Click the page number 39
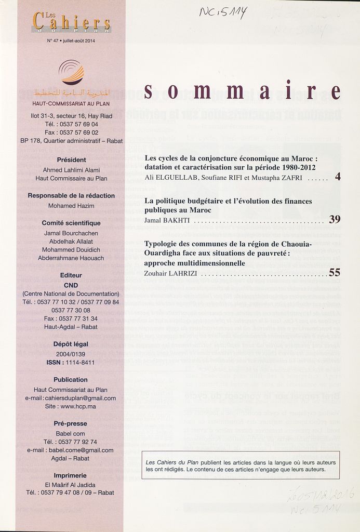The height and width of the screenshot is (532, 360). pyautogui.click(x=335, y=220)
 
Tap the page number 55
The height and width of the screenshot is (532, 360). pyautogui.click(x=335, y=272)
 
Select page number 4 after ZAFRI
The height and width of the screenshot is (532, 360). pyautogui.click(x=338, y=177)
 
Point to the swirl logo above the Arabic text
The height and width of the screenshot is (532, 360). pyautogui.click(x=71, y=72)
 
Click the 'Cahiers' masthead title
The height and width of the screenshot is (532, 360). pyautogui.click(x=72, y=22)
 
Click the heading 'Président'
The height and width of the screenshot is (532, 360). pyautogui.click(x=71, y=159)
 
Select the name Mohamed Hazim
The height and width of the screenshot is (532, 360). pyautogui.click(x=71, y=206)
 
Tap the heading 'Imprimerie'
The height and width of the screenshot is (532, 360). pyautogui.click(x=70, y=475)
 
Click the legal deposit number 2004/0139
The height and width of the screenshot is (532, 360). pyautogui.click(x=70, y=353)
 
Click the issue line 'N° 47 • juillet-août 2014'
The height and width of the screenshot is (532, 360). pyautogui.click(x=71, y=41)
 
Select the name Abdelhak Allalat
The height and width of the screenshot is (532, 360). pyautogui.click(x=71, y=242)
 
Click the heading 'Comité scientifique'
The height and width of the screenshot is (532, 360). pyautogui.click(x=71, y=223)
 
